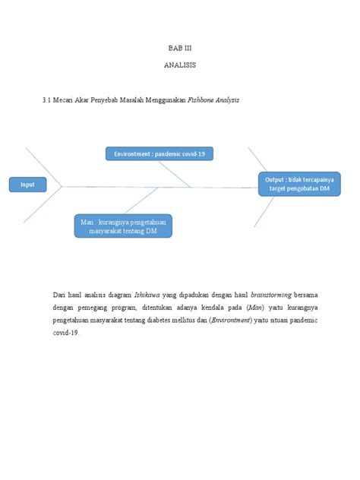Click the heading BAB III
(x=179, y=49)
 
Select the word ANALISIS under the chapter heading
(x=179, y=65)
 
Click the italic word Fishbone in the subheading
(x=205, y=100)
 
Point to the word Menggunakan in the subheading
(x=165, y=100)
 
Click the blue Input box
(x=27, y=185)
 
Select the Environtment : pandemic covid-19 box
(x=159, y=154)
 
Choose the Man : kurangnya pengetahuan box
(x=123, y=226)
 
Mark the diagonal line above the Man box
(x=140, y=200)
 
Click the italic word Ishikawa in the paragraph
(x=147, y=295)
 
